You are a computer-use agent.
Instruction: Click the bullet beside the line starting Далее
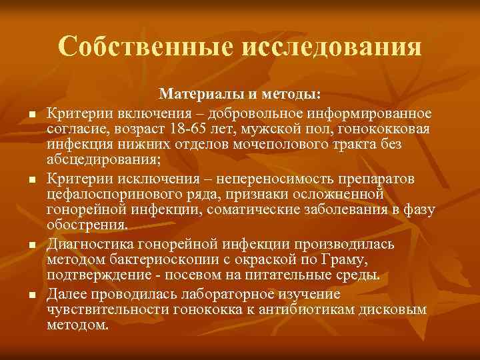[x=31, y=295]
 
